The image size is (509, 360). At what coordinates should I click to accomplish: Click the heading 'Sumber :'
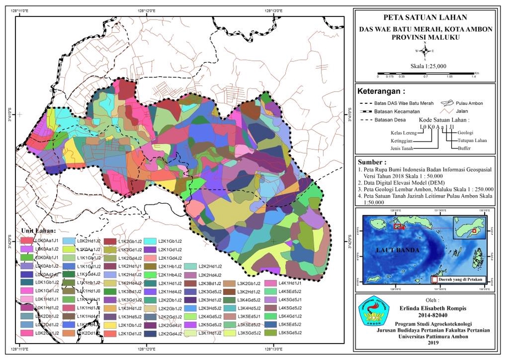[374, 161]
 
